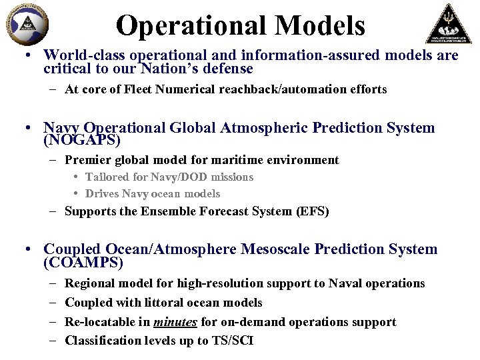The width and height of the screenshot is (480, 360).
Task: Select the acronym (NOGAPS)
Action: point(82,141)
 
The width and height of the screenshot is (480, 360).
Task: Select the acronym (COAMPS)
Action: point(83,263)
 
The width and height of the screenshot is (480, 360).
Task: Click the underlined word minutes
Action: point(175,322)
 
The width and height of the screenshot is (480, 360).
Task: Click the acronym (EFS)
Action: point(313,211)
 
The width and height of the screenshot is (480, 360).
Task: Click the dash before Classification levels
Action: point(53,341)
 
